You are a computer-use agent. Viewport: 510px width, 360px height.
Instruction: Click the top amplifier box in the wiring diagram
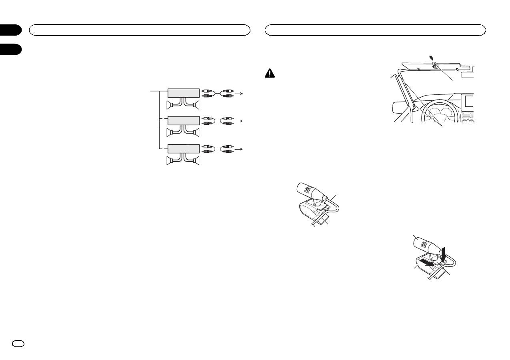coord(183,93)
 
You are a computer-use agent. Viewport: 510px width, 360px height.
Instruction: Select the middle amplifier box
coord(183,121)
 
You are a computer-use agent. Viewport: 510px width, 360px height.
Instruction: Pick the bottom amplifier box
coord(183,149)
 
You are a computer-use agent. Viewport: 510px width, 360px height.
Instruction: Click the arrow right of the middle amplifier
coord(240,121)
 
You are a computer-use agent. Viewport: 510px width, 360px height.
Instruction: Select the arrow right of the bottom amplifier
coord(240,149)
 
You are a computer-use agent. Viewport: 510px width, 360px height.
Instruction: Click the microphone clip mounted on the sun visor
coord(434,64)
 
